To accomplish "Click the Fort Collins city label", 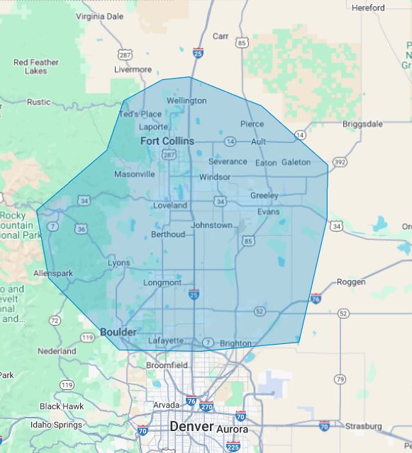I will [x=167, y=141].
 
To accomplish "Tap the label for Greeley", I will [x=264, y=195].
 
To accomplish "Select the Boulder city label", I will [x=118, y=332].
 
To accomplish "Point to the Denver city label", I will [x=191, y=427].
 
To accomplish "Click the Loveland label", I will [x=170, y=205].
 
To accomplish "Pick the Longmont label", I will [x=162, y=282].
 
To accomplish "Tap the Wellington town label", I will [x=186, y=101].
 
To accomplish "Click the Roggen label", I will [x=351, y=282].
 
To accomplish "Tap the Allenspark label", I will [x=53, y=273].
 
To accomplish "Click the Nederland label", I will [x=57, y=350].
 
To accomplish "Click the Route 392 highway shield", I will [x=340, y=162].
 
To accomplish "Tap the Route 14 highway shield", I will [x=301, y=134].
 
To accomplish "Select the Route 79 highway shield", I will [x=340, y=379].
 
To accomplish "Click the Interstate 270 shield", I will [x=206, y=407].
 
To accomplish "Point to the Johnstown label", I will [x=211, y=225].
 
